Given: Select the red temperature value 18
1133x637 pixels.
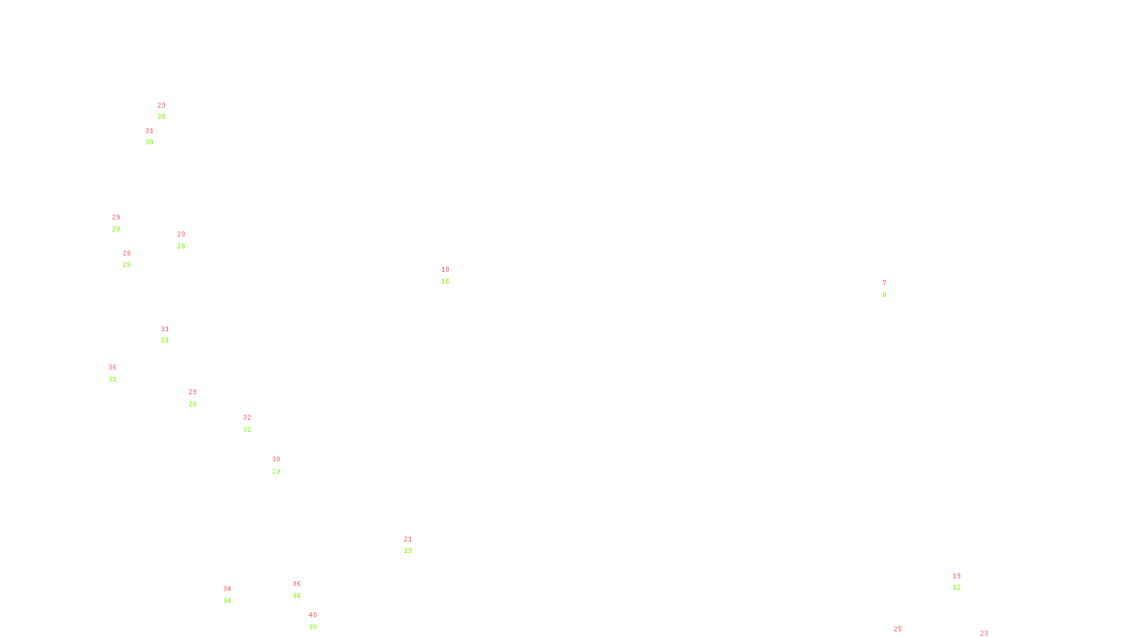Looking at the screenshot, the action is (445, 270).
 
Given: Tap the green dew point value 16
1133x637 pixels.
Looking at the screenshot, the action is (445, 282).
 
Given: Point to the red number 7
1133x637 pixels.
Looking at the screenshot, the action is (884, 283).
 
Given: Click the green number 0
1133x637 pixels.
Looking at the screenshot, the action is (884, 295).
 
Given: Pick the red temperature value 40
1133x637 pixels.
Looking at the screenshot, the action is (313, 615).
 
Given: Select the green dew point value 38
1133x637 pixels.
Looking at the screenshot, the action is (313, 627).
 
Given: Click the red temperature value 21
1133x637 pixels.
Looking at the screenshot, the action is (408, 539).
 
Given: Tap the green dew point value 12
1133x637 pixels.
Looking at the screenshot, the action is (957, 587).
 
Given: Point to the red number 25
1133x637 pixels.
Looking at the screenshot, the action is (898, 629).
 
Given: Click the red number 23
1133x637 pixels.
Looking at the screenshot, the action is (984, 633).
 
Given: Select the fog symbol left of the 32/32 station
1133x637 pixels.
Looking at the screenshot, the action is (247, 423).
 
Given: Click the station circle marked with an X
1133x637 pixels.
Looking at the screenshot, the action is (188, 240).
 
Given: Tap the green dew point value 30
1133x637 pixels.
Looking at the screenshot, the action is (149, 142).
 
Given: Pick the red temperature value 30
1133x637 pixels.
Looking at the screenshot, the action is (276, 459).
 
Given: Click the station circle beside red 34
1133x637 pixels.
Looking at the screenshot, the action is (234, 595).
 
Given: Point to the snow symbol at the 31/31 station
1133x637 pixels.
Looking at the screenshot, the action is (165, 335).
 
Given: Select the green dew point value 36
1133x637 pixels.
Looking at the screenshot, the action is (297, 596).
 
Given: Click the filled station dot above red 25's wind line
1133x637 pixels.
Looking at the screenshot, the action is (904, 635).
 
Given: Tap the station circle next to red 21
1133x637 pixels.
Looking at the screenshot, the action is (414, 545).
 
